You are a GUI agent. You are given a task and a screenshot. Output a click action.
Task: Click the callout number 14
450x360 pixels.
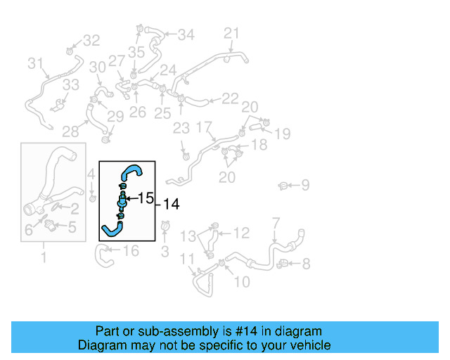(x=172, y=204)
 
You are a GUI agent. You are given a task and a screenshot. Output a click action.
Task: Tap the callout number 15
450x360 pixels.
(x=146, y=198)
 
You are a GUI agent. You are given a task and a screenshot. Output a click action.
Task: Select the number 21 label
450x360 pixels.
(x=231, y=32)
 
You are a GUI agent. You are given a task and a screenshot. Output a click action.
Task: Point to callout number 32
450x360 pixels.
(x=92, y=40)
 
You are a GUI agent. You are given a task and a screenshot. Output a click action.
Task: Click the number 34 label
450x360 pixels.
(x=186, y=34)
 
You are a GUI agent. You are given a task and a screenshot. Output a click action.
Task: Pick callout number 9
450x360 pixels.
(x=305, y=186)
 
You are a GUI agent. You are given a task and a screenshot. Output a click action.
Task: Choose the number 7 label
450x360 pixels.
(x=276, y=222)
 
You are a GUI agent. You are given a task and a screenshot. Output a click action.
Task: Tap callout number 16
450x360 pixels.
(x=131, y=250)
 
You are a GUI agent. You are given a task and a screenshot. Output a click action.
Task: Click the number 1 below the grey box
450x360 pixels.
(x=43, y=257)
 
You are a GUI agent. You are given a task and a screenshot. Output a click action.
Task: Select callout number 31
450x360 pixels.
(x=36, y=63)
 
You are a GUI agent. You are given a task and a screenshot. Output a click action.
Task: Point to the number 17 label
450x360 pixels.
(x=204, y=127)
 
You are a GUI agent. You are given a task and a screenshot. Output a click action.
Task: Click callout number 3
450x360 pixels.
(x=165, y=251)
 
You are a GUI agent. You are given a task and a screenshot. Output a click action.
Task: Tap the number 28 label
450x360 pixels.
(x=70, y=131)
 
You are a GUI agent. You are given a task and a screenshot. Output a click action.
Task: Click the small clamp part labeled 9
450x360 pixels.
(x=283, y=186)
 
